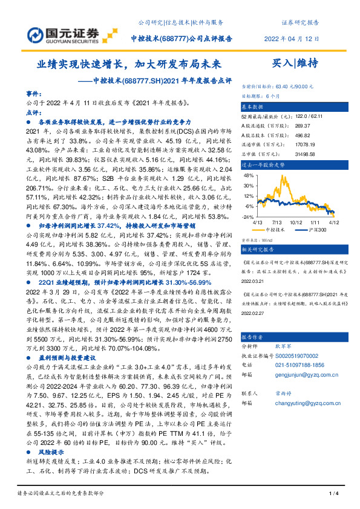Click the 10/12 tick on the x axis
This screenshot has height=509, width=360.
coord(297,222)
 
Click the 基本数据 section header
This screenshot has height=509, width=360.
coord(255,105)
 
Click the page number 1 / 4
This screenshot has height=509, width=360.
coord(332,494)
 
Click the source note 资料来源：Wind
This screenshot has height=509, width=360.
coord(257,239)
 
